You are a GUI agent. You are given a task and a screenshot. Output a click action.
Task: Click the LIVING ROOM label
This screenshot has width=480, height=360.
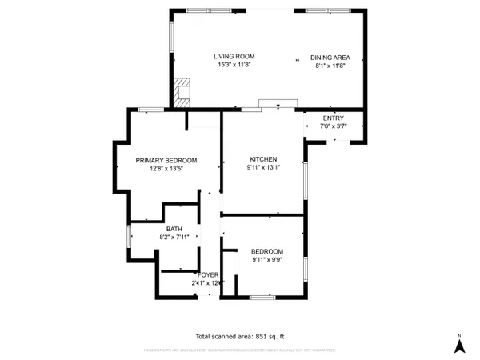[233, 56]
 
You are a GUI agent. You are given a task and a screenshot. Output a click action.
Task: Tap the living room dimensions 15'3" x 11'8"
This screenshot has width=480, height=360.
[233, 66]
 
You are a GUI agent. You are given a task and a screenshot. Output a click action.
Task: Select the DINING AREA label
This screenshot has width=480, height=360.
[330, 58]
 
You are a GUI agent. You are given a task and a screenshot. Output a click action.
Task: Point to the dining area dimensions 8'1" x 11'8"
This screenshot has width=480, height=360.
[330, 67]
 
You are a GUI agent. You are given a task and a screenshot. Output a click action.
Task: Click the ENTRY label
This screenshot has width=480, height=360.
[333, 118]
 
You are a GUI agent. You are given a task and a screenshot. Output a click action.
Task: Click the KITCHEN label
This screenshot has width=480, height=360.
[262, 159]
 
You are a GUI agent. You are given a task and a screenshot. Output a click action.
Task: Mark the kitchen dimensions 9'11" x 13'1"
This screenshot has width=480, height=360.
[262, 169]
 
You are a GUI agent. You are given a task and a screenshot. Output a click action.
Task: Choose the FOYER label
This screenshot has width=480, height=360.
[207, 274]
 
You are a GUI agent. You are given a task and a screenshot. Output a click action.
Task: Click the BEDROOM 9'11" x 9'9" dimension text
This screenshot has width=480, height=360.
[266, 258]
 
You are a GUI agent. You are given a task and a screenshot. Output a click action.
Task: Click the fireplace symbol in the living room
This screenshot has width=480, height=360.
[183, 91]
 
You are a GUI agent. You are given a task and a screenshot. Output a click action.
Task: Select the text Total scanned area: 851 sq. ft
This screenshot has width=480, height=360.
[240, 335]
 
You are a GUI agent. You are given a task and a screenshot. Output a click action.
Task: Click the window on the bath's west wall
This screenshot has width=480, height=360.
[129, 237]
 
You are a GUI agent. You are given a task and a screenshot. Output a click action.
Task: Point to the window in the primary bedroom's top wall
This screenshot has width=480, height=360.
[150, 110]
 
